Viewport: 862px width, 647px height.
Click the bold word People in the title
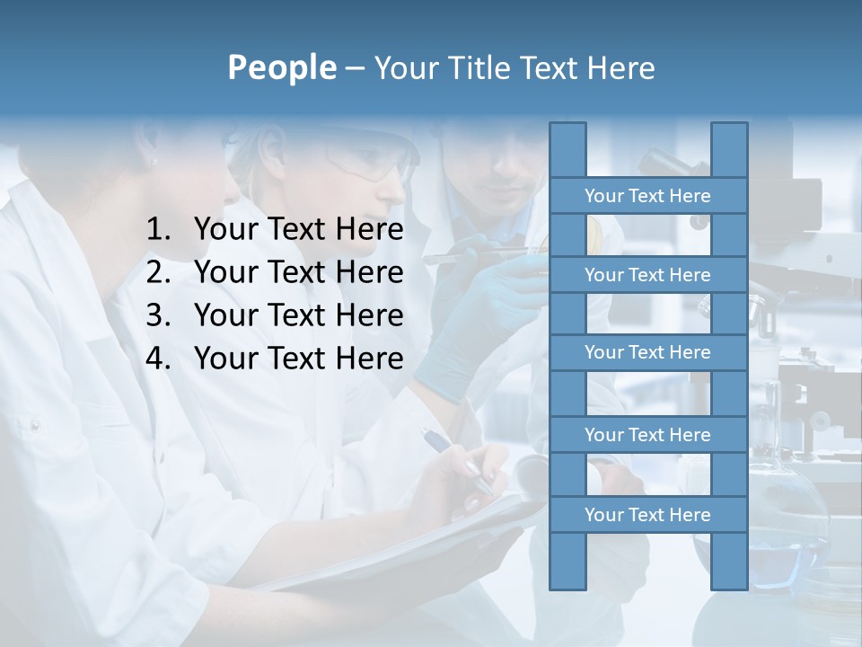pyautogui.click(x=281, y=67)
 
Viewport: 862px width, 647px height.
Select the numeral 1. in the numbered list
pyautogui.click(x=158, y=230)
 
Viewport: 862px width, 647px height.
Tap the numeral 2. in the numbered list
pyautogui.click(x=158, y=272)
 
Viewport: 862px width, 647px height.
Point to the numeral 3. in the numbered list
pyautogui.click(x=158, y=315)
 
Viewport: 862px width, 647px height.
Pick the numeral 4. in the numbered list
pyautogui.click(x=158, y=359)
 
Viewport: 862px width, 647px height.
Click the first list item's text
pyautogui.click(x=298, y=230)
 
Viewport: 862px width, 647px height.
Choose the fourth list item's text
pyautogui.click(x=298, y=359)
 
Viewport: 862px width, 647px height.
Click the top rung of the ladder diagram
pyautogui.click(x=647, y=196)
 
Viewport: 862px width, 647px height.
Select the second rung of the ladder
pyautogui.click(x=647, y=275)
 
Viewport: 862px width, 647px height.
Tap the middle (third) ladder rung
pyautogui.click(x=647, y=352)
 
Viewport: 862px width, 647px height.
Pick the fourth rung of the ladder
pyautogui.click(x=647, y=435)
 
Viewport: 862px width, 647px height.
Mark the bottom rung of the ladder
pyautogui.click(x=647, y=515)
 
